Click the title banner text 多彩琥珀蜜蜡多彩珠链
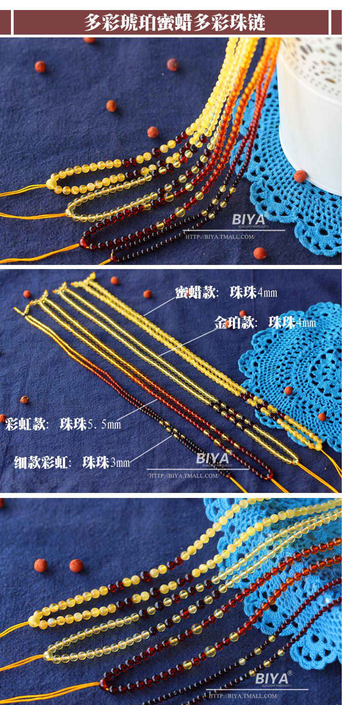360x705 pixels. click(x=175, y=22)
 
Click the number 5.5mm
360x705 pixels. click(x=104, y=425)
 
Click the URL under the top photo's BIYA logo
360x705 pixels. click(x=220, y=237)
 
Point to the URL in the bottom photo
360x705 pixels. click(x=243, y=696)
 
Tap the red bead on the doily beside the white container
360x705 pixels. click(x=299, y=176)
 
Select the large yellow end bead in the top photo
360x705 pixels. click(x=51, y=184)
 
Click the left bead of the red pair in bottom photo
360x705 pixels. click(x=41, y=565)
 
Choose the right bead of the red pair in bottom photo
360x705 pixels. click(x=76, y=565)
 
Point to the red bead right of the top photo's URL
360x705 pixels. click(x=260, y=253)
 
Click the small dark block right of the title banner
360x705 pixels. click(x=336, y=22)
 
